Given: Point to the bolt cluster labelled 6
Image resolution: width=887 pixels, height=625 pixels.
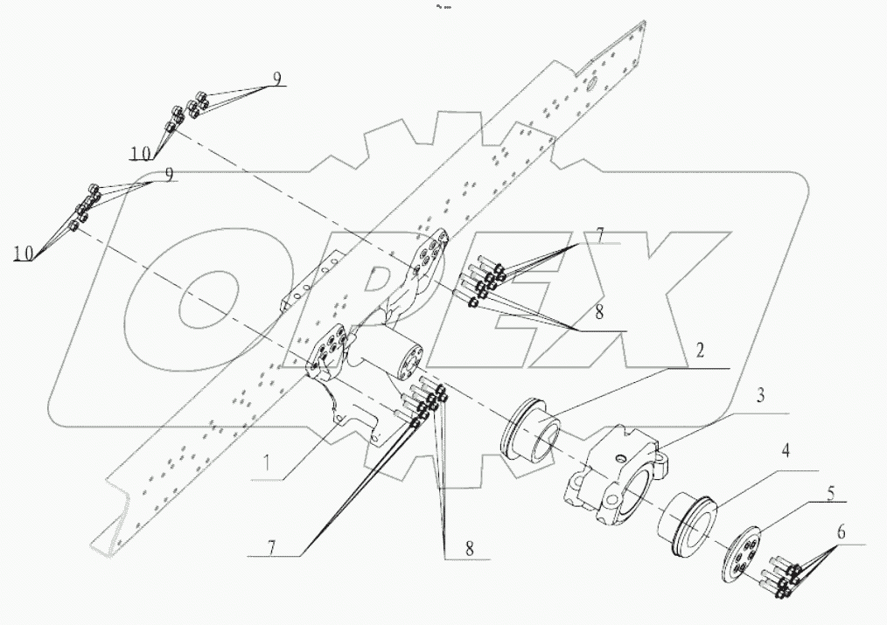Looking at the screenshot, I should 781,578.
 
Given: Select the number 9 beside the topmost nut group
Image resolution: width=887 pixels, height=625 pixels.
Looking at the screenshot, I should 276,79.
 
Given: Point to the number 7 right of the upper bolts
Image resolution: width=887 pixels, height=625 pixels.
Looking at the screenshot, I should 599,233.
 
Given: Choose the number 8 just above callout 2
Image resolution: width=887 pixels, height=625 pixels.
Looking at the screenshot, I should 598,312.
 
